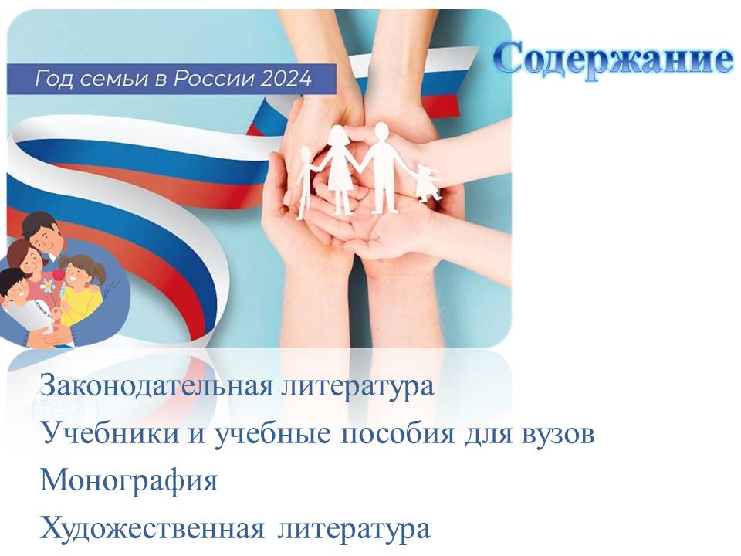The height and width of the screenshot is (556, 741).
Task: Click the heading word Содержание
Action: click(614, 59)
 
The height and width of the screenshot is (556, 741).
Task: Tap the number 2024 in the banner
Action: click(286, 79)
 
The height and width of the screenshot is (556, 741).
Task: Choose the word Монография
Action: click(129, 481)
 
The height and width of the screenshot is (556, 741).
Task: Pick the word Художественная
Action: click(152, 527)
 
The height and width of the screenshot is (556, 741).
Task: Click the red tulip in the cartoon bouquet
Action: click(58, 275)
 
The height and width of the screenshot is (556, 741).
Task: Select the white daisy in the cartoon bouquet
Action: click(47, 286)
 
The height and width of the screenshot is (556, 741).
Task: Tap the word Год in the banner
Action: click(54, 79)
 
